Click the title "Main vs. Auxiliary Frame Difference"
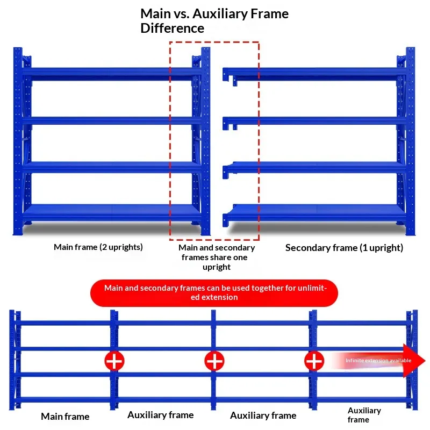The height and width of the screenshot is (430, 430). coord(214,21)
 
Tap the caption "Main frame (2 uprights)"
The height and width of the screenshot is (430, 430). coord(98,247)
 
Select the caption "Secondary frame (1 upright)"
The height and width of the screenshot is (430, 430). coord(344,248)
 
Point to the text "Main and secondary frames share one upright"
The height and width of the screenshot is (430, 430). coord(217,257)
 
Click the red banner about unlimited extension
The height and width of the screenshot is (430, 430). coord(214,293)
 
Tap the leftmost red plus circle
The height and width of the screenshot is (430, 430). coord(114,361)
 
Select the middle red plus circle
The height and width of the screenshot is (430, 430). coord(214,361)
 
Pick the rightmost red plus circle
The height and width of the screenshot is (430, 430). coord(314,361)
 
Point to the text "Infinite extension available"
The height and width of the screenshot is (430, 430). coord(378,360)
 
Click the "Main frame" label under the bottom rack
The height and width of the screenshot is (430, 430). coord(65,417)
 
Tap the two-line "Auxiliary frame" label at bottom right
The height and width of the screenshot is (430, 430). coord(364,415)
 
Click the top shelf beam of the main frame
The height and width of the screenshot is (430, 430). coord(112,72)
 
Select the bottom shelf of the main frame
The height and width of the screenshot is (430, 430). coord(112,212)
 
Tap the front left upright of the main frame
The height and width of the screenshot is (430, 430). coord(18,141)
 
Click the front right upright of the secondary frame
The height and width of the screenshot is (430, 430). coord(410,141)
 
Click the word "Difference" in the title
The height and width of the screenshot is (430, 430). coord(172,28)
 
